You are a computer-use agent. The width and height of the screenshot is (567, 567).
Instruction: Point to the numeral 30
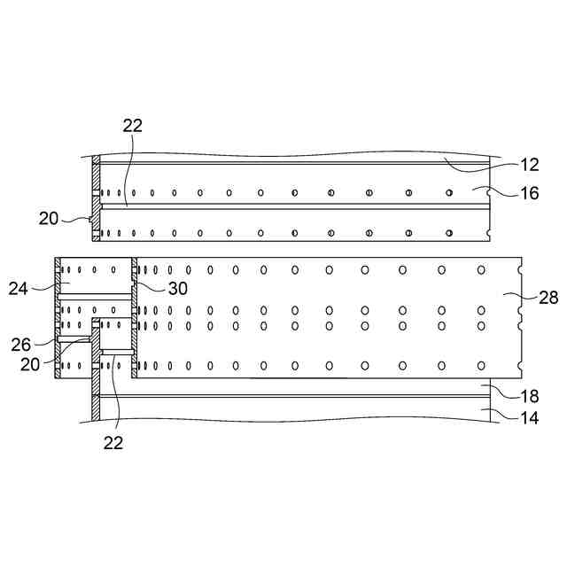pyautogui.click(x=176, y=287)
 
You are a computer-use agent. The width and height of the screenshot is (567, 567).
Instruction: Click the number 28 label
pyautogui.click(x=548, y=298)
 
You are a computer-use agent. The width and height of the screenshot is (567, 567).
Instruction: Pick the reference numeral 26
pyautogui.click(x=20, y=344)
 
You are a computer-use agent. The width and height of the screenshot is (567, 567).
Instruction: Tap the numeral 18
pyautogui.click(x=528, y=396)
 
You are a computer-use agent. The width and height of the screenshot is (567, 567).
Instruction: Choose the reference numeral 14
pyautogui.click(x=528, y=414)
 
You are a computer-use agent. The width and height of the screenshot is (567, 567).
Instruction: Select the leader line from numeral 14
pyautogui.click(x=501, y=409)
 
